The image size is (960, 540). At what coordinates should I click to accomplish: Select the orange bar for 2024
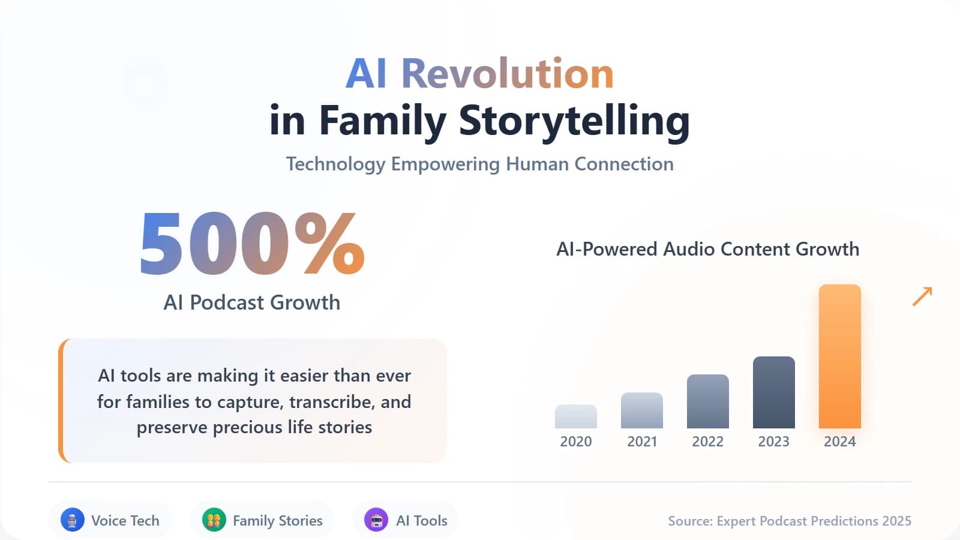pyautogui.click(x=839, y=356)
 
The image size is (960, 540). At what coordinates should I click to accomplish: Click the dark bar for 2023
pyautogui.click(x=773, y=392)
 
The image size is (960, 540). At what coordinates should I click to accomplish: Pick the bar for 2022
pyautogui.click(x=707, y=401)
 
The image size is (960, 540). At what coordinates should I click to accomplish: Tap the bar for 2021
pyautogui.click(x=641, y=410)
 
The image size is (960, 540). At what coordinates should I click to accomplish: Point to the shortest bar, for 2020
pyautogui.click(x=575, y=416)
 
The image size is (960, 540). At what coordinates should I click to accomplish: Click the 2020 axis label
pyautogui.click(x=575, y=442)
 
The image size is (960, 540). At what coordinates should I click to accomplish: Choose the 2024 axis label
pyautogui.click(x=839, y=442)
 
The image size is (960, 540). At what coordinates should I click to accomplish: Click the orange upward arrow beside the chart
pyautogui.click(x=922, y=296)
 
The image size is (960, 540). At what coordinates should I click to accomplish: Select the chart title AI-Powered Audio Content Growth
pyautogui.click(x=707, y=249)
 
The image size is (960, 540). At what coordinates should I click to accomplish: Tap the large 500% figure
pyautogui.click(x=252, y=245)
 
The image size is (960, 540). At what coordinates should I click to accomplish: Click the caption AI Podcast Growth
pyautogui.click(x=252, y=302)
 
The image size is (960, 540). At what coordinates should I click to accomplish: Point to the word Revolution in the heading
pyautogui.click(x=507, y=74)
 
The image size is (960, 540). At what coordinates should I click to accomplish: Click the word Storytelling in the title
pyautogui.click(x=574, y=121)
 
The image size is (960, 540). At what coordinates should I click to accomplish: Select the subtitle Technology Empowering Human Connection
pyautogui.click(x=479, y=164)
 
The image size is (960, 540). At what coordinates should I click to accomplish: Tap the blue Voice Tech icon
pyautogui.click(x=73, y=520)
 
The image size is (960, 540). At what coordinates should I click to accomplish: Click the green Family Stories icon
pyautogui.click(x=214, y=520)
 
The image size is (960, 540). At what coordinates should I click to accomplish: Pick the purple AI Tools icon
pyautogui.click(x=376, y=520)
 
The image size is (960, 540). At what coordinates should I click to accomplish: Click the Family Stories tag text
pyautogui.click(x=277, y=521)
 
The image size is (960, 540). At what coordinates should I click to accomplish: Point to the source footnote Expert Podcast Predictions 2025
pyautogui.click(x=790, y=521)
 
